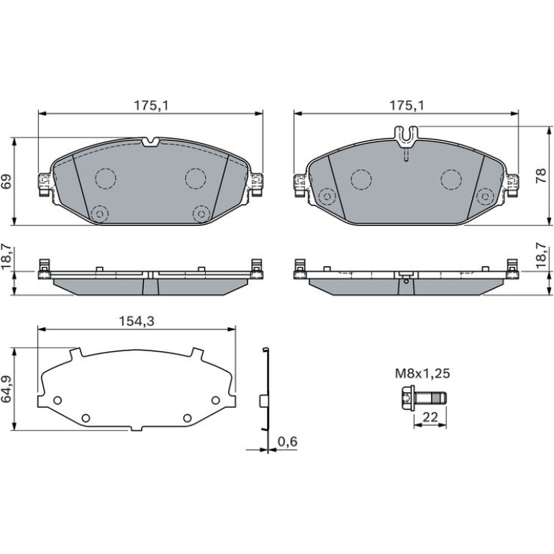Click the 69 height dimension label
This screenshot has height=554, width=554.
[x=6, y=181]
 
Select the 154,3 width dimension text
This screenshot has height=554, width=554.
[x=137, y=321]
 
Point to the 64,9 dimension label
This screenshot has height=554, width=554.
[x=6, y=389]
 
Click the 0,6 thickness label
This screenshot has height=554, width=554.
[x=288, y=441]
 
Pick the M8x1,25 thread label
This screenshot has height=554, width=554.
[x=422, y=373]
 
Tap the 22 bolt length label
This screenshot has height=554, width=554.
[x=430, y=417]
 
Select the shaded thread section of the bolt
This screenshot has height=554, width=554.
[x=437, y=398]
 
